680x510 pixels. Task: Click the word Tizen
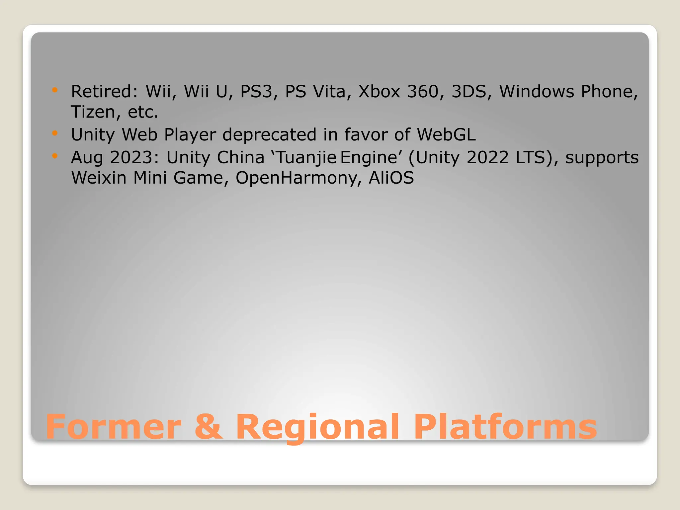tap(93, 112)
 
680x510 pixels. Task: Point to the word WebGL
tap(446, 134)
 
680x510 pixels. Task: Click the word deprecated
tap(269, 134)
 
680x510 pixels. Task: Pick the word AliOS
tap(391, 178)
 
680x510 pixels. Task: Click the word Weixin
tap(99, 178)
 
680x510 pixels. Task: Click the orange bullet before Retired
tap(55, 90)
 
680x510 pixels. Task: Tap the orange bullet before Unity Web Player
tap(55, 133)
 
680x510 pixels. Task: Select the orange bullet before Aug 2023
tap(55, 156)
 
